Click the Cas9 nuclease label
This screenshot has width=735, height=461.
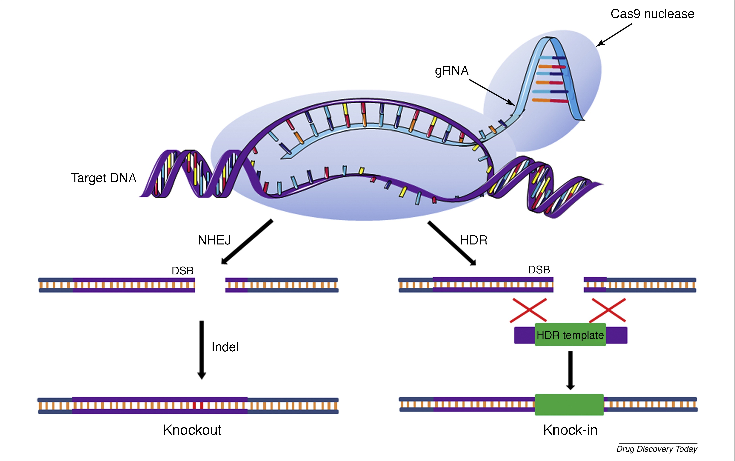pyautogui.click(x=652, y=14)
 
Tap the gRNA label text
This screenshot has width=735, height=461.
pyautogui.click(x=451, y=71)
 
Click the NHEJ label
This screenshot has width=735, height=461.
pyautogui.click(x=214, y=240)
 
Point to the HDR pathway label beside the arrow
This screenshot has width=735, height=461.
pyautogui.click(x=473, y=240)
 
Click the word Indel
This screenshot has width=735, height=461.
pyautogui.click(x=225, y=347)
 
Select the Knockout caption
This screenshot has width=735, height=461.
pyautogui.click(x=192, y=430)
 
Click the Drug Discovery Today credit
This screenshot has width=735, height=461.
pyautogui.click(x=657, y=449)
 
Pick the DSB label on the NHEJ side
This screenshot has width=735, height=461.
pyautogui.click(x=183, y=271)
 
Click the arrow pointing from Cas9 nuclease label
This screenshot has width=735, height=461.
pyautogui.click(x=614, y=35)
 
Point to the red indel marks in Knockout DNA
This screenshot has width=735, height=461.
pyautogui.click(x=198, y=405)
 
